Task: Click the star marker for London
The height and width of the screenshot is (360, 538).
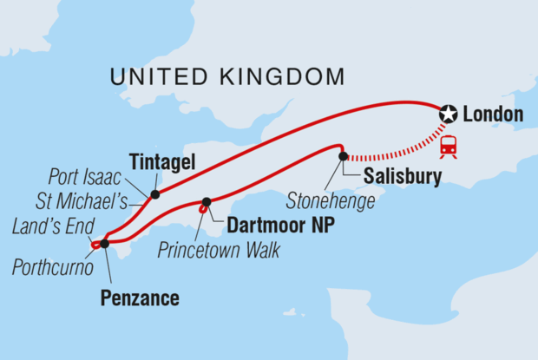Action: click(x=448, y=114)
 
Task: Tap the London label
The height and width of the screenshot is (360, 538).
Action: click(x=494, y=115)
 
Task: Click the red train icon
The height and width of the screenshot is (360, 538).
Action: click(x=449, y=147)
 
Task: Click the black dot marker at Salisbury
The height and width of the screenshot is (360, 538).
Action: click(x=344, y=156)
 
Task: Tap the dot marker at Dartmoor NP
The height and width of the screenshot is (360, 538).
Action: click(x=207, y=203)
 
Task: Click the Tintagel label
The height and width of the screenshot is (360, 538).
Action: click(x=162, y=162)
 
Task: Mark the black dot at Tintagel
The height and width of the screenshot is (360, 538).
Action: click(x=154, y=194)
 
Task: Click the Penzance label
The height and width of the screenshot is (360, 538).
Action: click(x=140, y=298)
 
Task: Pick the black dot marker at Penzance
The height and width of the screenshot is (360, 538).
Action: click(x=104, y=244)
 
